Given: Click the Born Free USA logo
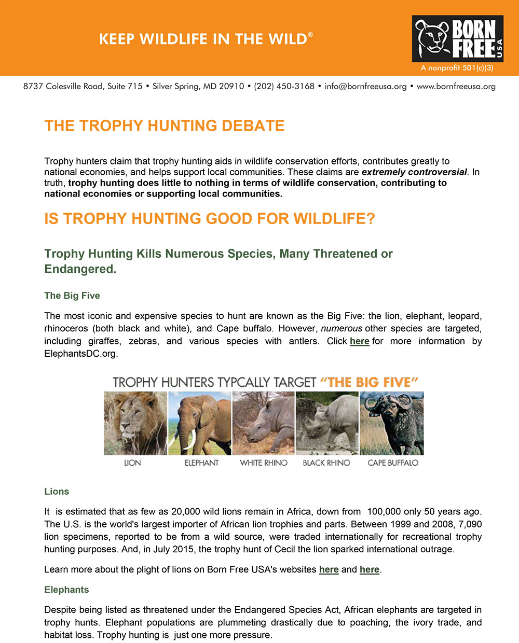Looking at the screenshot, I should (x=457, y=39).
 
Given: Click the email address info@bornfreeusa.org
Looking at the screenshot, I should (x=365, y=86).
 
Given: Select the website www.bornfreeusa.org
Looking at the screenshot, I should (x=456, y=86).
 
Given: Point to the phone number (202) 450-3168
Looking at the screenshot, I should (x=284, y=86).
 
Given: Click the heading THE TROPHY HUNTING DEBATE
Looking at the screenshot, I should (x=165, y=125).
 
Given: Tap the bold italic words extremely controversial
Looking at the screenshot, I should (x=414, y=172).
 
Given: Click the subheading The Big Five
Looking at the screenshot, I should (x=72, y=296).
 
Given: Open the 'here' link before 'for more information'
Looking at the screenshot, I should (x=359, y=341).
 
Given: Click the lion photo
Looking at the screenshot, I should (x=135, y=423).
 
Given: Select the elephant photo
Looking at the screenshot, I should (x=199, y=423).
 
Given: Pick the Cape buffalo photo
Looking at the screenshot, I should (x=392, y=423).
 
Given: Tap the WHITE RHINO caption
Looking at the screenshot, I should (x=264, y=463).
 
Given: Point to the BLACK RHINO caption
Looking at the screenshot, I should (x=326, y=463).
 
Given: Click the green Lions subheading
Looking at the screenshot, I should (x=57, y=492).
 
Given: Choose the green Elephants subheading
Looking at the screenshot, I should (x=66, y=590).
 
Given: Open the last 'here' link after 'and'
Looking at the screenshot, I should (x=369, y=569).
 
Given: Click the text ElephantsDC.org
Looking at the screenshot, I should (x=80, y=354).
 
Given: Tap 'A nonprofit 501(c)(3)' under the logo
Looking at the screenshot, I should (x=457, y=68).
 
